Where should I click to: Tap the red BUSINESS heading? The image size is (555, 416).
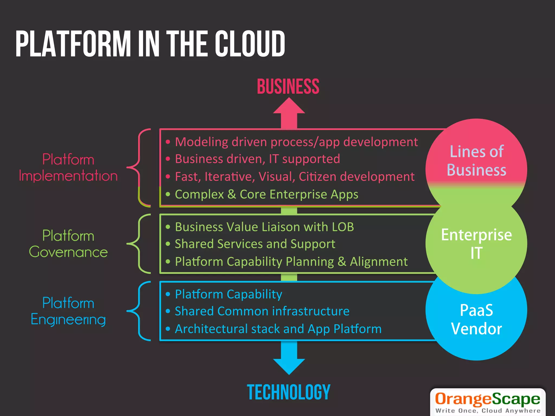288,87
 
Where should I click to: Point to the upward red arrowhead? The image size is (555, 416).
289,106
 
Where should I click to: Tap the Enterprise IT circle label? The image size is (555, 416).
476,243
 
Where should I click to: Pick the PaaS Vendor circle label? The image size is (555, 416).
476,319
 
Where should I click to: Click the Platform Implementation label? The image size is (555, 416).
68,167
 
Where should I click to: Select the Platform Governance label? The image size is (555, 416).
68,244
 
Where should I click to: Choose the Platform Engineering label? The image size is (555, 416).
68,311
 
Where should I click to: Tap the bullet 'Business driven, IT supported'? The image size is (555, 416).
257,159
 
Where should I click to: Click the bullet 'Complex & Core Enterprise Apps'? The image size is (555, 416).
266,194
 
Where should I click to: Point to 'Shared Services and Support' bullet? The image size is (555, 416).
255,244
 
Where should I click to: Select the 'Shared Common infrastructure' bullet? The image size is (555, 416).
262,311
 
